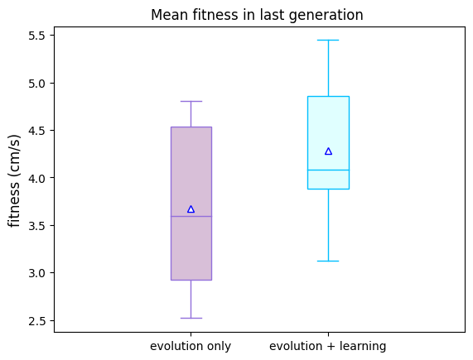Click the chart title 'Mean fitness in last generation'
[x=257, y=15]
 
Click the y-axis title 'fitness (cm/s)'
[x=14, y=180]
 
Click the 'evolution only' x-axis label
[x=191, y=346]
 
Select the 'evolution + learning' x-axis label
[x=328, y=346]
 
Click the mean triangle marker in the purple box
[x=191, y=209]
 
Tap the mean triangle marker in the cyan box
[x=329, y=151]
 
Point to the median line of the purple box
[x=191, y=216]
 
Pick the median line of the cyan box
[x=329, y=170]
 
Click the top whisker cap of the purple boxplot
[x=191, y=102]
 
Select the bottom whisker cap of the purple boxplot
[x=191, y=318]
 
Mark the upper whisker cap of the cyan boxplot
[x=329, y=40]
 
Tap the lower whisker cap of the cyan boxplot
[x=329, y=261]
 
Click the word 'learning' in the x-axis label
[x=363, y=347]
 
